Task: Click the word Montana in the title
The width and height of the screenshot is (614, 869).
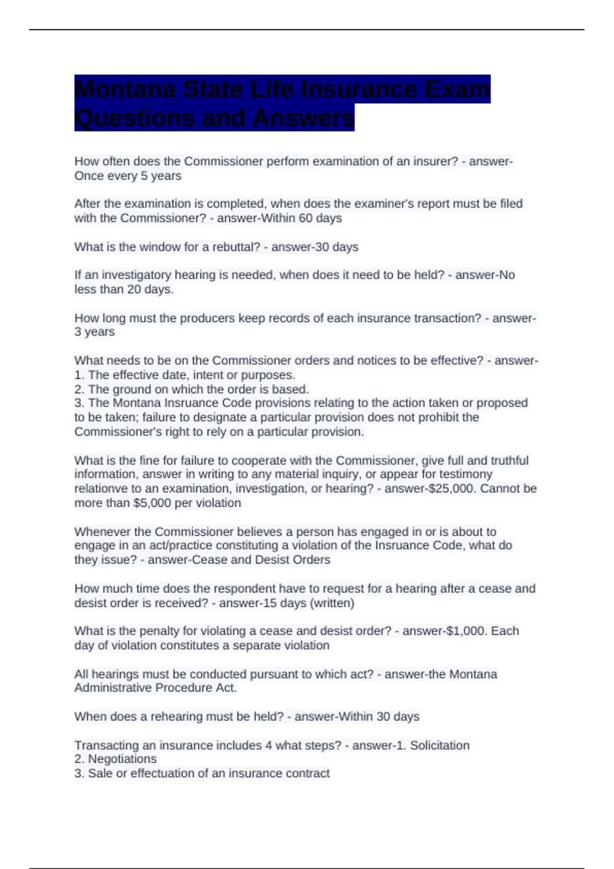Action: [x=125, y=89]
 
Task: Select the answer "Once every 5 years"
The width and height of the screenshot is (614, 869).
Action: [x=128, y=176]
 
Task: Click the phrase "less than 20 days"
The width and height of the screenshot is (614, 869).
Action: [x=123, y=289]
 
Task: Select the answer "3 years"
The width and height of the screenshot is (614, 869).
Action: [x=95, y=332]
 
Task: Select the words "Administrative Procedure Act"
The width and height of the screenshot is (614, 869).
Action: [x=155, y=688]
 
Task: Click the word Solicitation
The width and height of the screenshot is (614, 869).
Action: [x=440, y=745]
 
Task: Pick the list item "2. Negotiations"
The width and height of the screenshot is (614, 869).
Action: [x=116, y=759]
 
